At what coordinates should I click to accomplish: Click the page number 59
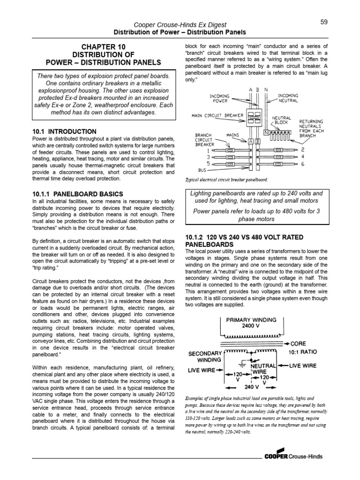pyautogui.click(x=323, y=22)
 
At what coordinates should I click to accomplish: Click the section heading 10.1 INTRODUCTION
pyautogui.click(x=65, y=132)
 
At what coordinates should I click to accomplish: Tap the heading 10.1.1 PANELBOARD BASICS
pyautogui.click(x=78, y=194)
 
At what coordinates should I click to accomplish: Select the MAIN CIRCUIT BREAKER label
pyautogui.click(x=217, y=115)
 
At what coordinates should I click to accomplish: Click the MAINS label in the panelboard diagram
pyautogui.click(x=233, y=135)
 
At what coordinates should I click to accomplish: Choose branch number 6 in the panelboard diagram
pyautogui.click(x=303, y=164)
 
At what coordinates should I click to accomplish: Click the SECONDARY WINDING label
pyautogui.click(x=204, y=357)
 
